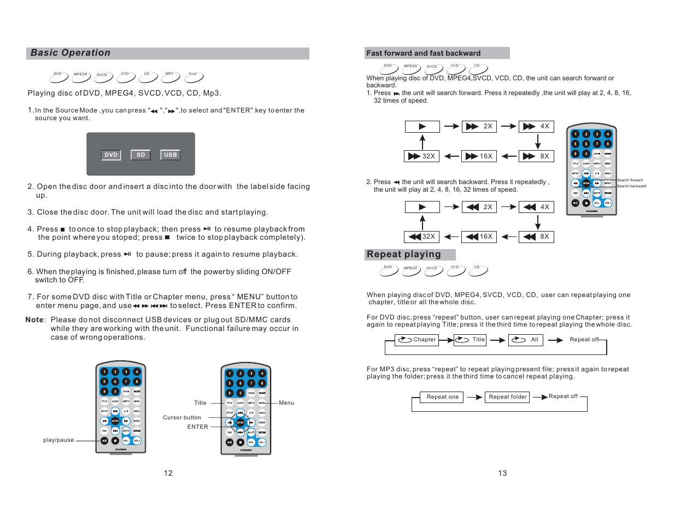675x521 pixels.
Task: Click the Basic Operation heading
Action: coord(71,53)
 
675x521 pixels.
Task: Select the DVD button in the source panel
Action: coord(111,155)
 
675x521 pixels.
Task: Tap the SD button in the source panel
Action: coord(140,155)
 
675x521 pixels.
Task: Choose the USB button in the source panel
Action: coord(171,155)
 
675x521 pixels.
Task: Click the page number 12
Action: coord(168,473)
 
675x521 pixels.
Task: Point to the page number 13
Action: coord(502,473)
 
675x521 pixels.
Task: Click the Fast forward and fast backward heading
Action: coord(424,54)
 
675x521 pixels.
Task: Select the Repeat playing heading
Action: coord(404,254)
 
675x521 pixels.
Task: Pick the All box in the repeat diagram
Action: coord(525,340)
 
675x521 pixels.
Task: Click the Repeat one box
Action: coord(443,397)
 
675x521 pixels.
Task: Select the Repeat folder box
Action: coord(508,397)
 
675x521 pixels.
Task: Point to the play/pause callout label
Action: coord(58,440)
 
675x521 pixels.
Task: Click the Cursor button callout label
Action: coord(182,418)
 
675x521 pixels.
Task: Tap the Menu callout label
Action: coord(286,403)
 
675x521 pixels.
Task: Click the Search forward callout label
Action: coord(630,180)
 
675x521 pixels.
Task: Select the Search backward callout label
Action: coord(631,186)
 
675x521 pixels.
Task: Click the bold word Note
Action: coord(34,320)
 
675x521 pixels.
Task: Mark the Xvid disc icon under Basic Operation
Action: coord(194,78)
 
